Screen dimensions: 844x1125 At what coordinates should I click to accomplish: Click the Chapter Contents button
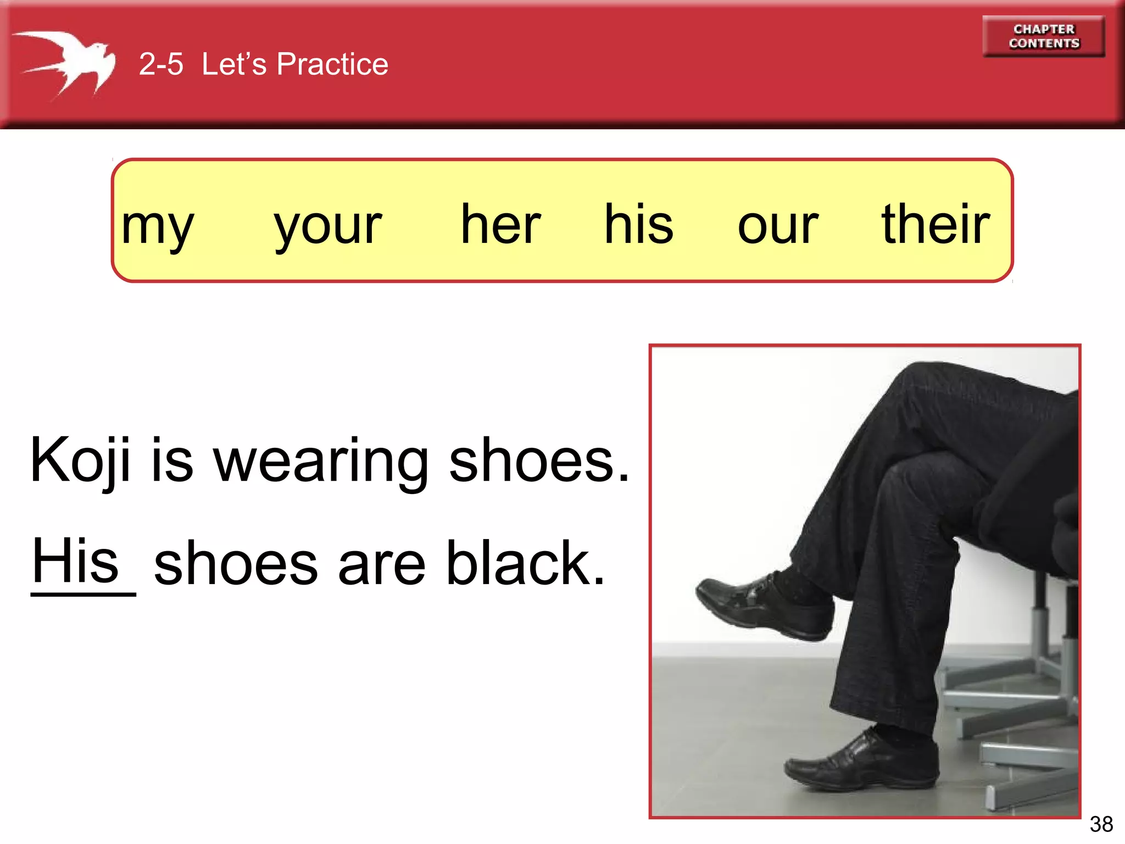point(1043,36)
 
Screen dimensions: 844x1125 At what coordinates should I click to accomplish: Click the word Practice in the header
point(332,64)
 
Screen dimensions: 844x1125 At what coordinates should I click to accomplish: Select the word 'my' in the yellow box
point(158,225)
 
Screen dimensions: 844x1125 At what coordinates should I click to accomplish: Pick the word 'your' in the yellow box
point(328,225)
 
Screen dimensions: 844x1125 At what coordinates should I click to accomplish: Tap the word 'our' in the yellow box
point(778,225)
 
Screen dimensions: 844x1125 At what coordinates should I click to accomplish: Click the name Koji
point(80,460)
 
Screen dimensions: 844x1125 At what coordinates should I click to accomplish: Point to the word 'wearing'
point(321,460)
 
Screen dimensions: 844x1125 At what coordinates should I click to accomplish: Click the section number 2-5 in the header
point(160,64)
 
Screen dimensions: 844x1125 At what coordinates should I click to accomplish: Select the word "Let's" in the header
point(234,64)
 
